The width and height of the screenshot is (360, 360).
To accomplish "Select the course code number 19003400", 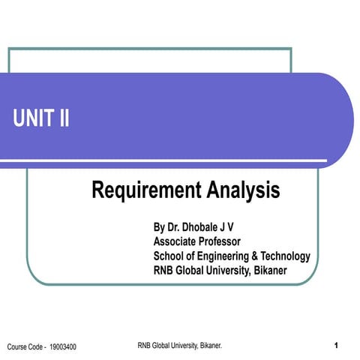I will click(63, 346).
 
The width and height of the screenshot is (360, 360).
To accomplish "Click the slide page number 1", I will click(337, 345).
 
